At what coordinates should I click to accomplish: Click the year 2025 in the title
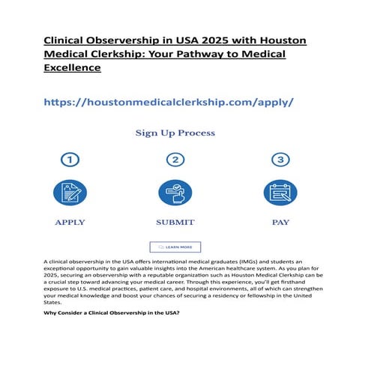tap(223, 40)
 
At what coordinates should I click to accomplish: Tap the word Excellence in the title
tap(72, 67)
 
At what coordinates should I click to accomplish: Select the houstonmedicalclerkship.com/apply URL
tap(169, 101)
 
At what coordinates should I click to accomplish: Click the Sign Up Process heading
tap(175, 133)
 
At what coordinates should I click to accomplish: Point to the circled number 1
tap(70, 160)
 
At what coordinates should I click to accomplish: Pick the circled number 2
tap(175, 160)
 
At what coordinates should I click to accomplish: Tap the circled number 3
tap(280, 160)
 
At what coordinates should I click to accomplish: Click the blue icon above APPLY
tap(70, 193)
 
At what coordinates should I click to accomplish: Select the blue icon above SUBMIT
tap(175, 193)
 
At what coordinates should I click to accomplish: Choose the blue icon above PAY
tap(280, 193)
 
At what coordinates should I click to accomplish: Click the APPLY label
tap(70, 223)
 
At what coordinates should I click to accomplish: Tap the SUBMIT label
tap(175, 223)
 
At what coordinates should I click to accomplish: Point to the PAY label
tap(280, 223)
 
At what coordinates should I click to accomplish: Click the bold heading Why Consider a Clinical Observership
tap(112, 313)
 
